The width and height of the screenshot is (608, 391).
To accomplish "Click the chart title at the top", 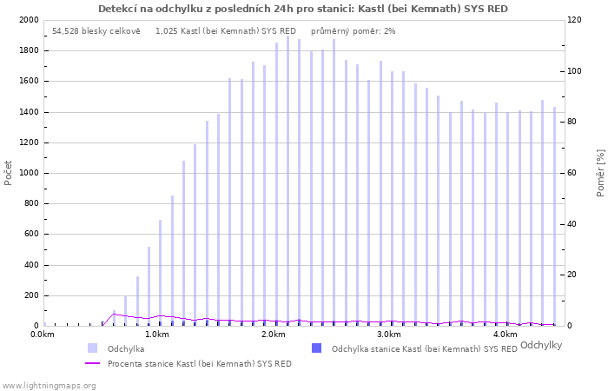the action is pos(303,9).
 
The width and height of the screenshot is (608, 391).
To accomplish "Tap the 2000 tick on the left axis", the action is pos(29,20).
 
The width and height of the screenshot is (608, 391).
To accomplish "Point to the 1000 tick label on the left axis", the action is pos(29,173).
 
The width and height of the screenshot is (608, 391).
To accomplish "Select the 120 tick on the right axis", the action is pos(575,20).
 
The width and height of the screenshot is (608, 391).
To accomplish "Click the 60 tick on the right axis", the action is pos(572,173).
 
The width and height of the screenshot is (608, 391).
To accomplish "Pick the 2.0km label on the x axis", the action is pos(274,335).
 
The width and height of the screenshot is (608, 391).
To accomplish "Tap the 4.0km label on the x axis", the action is pos(506,335).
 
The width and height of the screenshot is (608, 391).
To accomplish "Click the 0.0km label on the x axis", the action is pos(43,335).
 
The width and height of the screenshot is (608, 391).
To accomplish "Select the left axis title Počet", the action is pos(8,173).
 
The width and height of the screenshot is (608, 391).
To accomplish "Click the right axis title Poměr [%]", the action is pos(600,173).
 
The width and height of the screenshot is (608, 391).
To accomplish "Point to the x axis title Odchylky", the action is pos(541,345).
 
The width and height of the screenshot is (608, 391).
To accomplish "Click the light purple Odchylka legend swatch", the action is pos(92,348).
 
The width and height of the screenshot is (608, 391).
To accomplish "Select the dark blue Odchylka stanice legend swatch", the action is pos(316,348).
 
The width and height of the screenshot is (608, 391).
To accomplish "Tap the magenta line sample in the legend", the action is pos(92,363).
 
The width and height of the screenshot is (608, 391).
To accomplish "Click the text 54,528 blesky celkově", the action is pos(96,31).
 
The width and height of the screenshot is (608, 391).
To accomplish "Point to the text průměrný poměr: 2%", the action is pos(354,31).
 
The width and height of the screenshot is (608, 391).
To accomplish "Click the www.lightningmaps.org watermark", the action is pos(48,386).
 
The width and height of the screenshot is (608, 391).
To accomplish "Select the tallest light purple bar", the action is pos(287,181).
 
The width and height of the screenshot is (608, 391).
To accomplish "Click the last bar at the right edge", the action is pos(554,216).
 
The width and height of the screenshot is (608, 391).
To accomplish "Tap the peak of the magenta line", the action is pos(114,314).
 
